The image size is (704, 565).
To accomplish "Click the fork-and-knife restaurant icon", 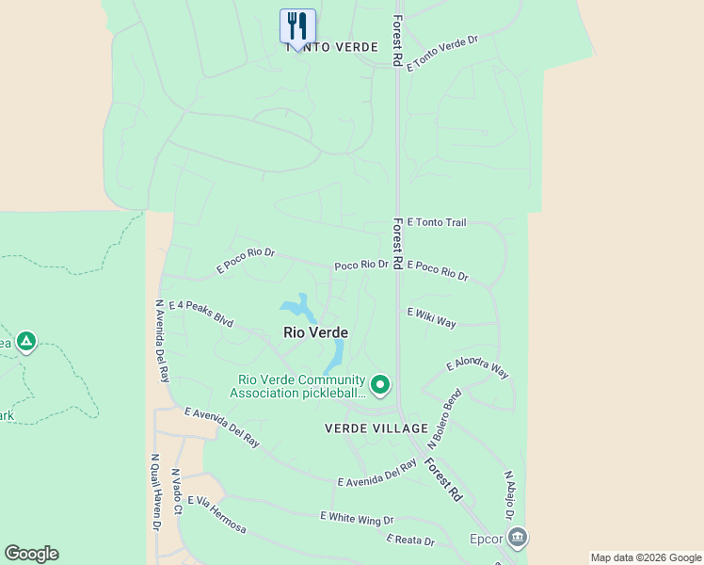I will click(x=297, y=25).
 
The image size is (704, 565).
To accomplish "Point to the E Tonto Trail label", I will click(x=436, y=223).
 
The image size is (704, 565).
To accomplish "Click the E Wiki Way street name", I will click(x=431, y=317).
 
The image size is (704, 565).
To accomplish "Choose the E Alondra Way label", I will click(x=477, y=368).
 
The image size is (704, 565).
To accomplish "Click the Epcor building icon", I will click(x=517, y=538).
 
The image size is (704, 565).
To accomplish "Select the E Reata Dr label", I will click(x=410, y=541).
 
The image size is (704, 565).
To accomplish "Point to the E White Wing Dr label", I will click(x=357, y=518).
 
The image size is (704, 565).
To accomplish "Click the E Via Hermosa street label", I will click(x=216, y=515).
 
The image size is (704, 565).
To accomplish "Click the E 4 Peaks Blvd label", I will click(x=200, y=313).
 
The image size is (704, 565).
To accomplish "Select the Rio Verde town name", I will click(x=315, y=333).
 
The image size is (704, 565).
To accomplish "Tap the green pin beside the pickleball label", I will click(x=380, y=384).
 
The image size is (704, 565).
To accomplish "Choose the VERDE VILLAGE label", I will click(x=376, y=428).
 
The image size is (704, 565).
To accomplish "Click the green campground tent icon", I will click(x=26, y=341).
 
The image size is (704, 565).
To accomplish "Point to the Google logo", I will click(x=31, y=554).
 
